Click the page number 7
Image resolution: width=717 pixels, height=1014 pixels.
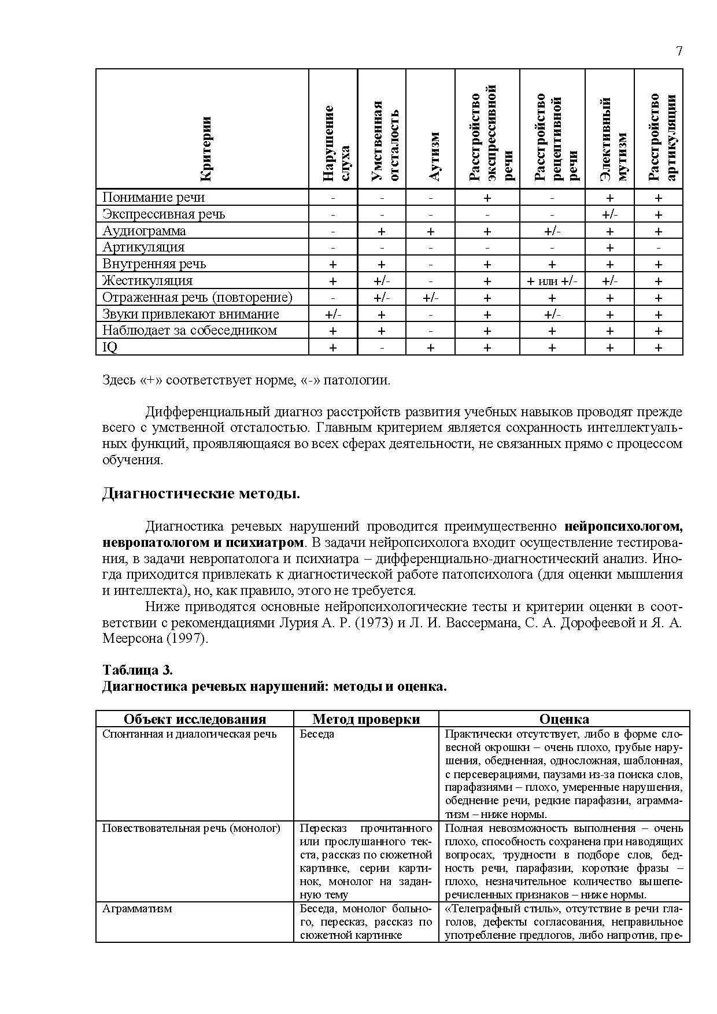[679, 51]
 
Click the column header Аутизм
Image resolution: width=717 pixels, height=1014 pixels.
[431, 156]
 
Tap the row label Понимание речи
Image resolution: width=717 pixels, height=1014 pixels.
[153, 197]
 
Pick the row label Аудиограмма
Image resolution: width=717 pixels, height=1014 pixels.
[144, 231]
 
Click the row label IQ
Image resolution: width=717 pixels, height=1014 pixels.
[110, 347]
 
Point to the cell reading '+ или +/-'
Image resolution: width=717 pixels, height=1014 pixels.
[552, 281]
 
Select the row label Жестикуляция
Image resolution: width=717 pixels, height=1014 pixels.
[147, 280]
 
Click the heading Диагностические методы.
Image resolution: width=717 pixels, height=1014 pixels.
[201, 494]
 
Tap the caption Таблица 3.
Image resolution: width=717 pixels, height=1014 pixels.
[138, 669]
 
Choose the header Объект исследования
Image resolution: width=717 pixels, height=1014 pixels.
[195, 719]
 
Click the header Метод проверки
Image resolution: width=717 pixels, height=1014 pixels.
[366, 719]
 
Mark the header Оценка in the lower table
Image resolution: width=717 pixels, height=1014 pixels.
[564, 719]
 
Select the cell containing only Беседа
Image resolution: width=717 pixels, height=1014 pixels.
[317, 734]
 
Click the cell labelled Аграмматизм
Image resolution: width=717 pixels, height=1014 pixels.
[137, 908]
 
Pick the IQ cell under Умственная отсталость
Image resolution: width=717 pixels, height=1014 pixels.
[382, 347]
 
